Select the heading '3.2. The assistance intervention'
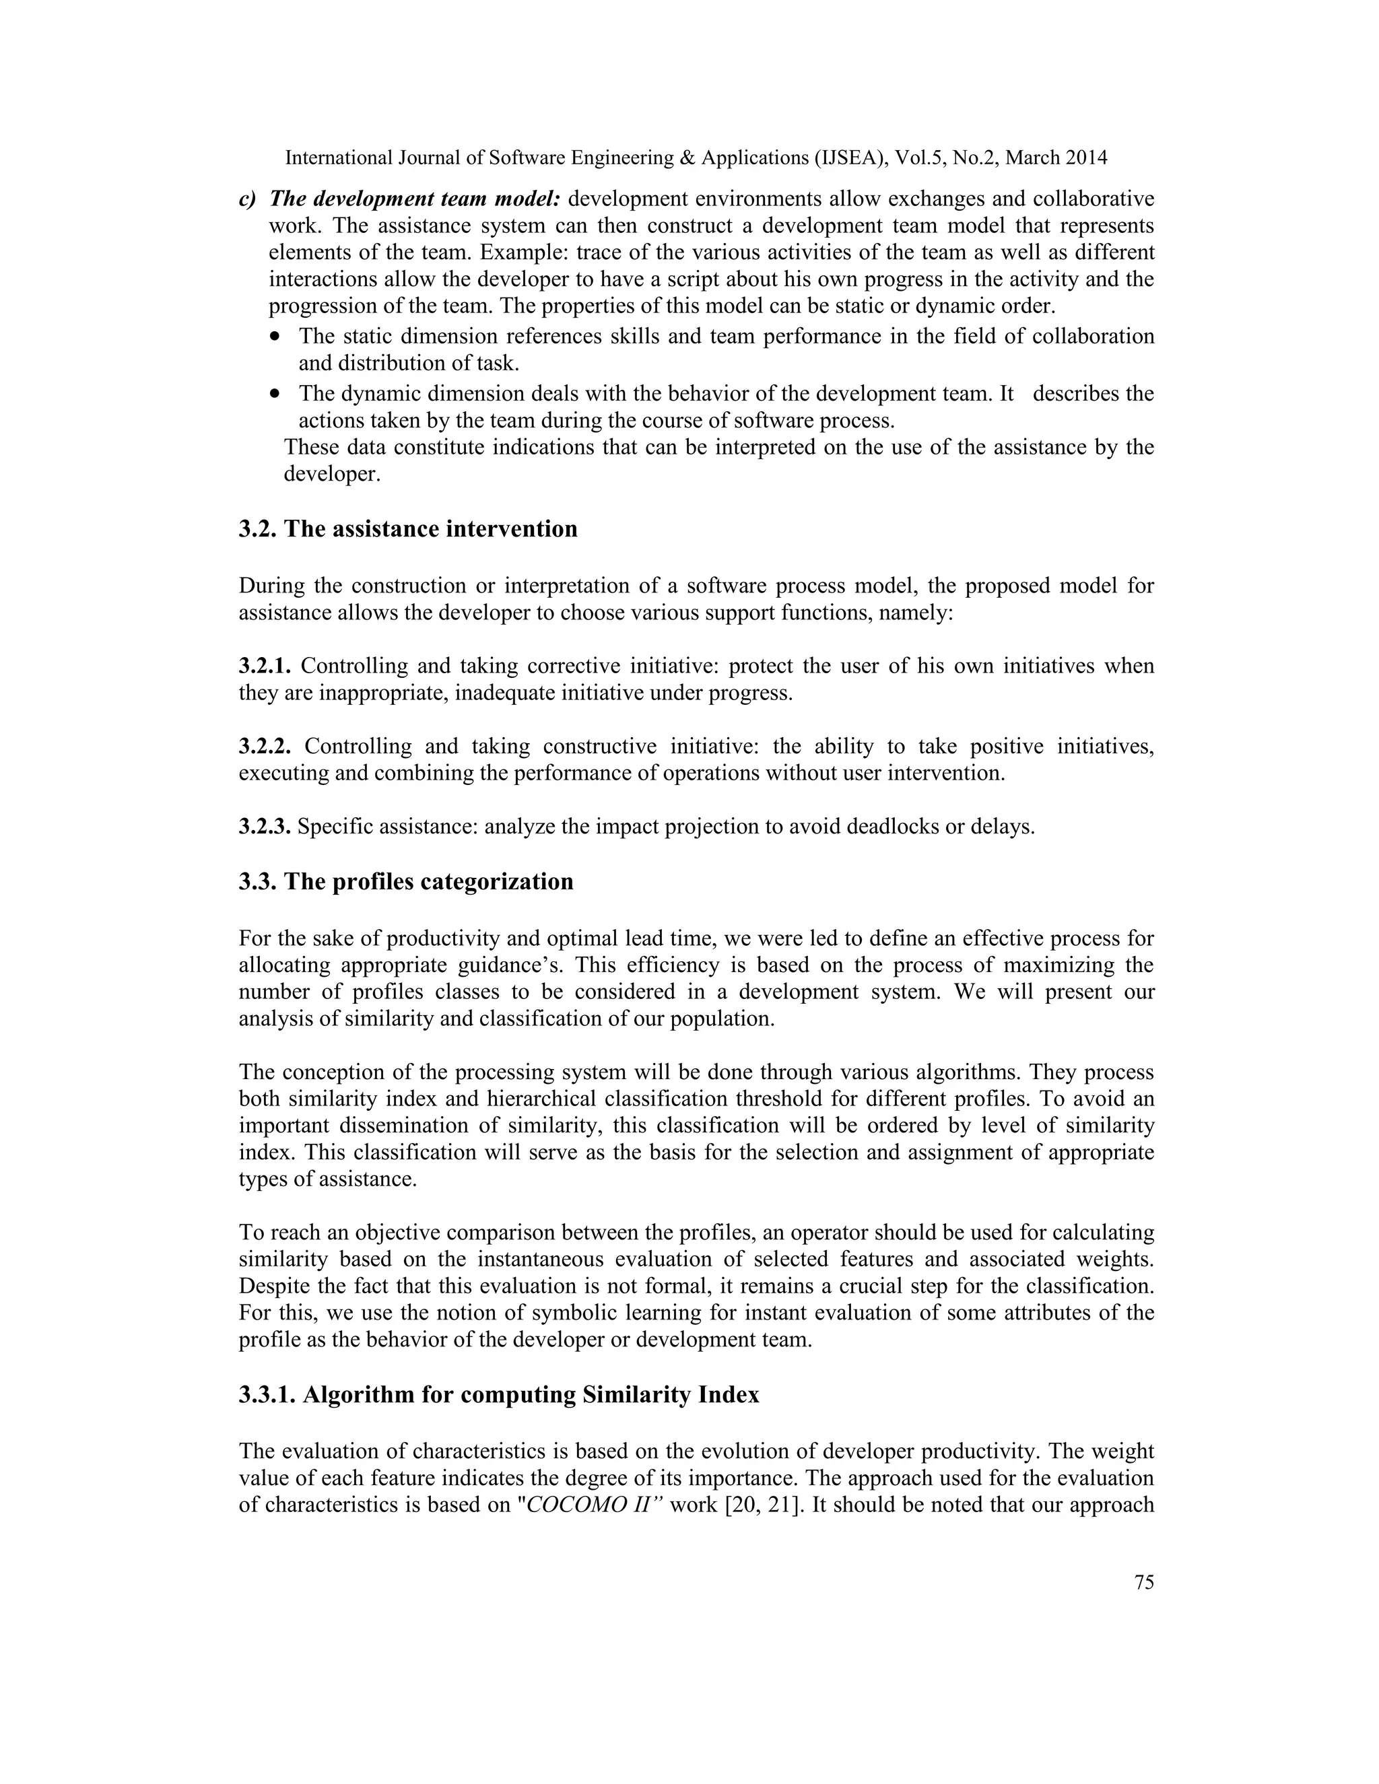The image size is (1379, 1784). [407, 528]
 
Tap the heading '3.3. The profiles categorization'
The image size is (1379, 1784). [406, 881]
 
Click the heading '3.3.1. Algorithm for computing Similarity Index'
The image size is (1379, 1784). [498, 1394]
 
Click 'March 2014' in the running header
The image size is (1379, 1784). [1056, 158]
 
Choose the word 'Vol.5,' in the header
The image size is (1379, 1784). [920, 158]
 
